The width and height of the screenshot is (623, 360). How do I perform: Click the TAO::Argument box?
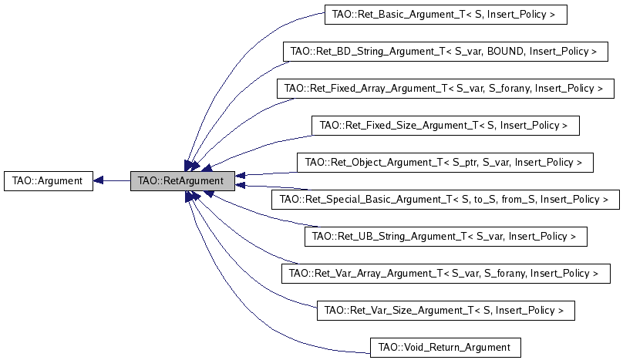click(x=48, y=181)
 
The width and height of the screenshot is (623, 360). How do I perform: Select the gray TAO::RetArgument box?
click(x=180, y=181)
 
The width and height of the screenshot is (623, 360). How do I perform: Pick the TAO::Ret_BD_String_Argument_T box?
click(x=443, y=52)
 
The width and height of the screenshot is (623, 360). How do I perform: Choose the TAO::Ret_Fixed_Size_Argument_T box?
click(x=444, y=125)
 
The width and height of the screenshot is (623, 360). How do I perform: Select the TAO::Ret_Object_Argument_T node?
click(x=444, y=163)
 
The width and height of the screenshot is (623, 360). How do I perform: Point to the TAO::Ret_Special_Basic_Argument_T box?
click(x=445, y=200)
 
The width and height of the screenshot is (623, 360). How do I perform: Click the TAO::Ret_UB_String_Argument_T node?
click(x=446, y=237)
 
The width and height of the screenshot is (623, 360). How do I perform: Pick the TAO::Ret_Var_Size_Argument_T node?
click(x=446, y=311)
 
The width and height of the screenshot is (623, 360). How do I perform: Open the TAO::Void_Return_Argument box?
click(x=445, y=348)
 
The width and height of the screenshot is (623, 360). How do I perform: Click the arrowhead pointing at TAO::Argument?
click(x=99, y=181)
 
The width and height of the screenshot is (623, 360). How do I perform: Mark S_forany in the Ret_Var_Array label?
click(x=505, y=274)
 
